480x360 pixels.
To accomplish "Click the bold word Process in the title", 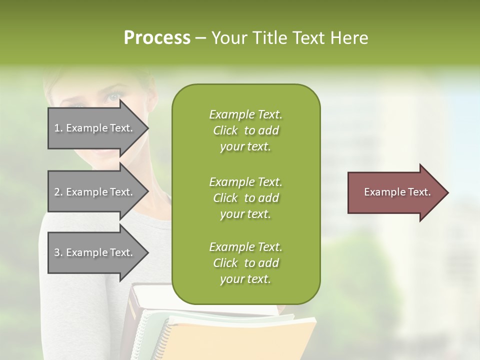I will tap(157, 38).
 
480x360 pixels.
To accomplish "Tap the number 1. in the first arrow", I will tap(58, 128).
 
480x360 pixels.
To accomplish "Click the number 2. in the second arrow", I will tap(58, 192).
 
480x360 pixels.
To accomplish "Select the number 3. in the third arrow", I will tap(58, 252).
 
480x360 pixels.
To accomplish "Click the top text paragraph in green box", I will tap(245, 130).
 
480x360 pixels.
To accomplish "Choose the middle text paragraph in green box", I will tap(245, 197).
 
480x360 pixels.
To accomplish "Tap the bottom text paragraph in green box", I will tap(245, 263).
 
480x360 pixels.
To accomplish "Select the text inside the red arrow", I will tap(397, 192).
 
